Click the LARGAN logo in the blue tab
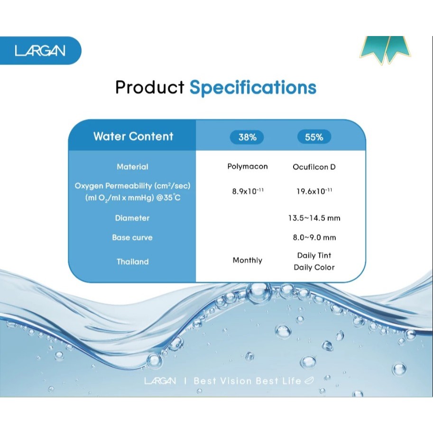(40, 51)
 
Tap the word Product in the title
(150, 87)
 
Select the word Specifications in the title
(253, 88)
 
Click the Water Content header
(133, 136)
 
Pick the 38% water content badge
(247, 137)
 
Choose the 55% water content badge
(314, 137)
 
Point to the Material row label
(132, 167)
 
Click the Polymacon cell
(248, 166)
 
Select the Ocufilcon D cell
(314, 167)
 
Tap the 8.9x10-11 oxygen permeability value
(248, 191)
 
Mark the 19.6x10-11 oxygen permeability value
(314, 191)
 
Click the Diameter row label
(132, 218)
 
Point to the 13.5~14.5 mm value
(314, 218)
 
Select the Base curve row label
(132, 238)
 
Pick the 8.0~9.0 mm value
(314, 238)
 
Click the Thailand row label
(132, 261)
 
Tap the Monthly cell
(248, 260)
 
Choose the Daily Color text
(314, 267)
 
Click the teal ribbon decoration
(385, 50)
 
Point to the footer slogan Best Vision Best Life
(248, 381)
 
